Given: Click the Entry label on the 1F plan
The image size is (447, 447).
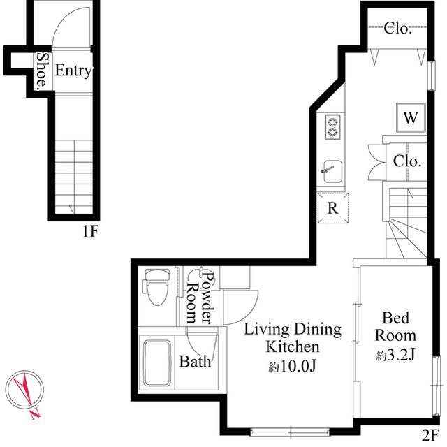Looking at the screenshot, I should tap(73, 71).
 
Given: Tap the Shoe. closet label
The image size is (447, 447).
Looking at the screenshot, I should tap(42, 71).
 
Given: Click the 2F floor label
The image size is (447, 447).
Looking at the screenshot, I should tap(431, 434).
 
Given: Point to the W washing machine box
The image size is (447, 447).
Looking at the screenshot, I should tap(410, 117).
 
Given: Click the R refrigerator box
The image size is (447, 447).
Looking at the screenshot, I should tap(333, 207).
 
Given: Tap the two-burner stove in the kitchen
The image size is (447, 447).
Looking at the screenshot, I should tap(332, 126).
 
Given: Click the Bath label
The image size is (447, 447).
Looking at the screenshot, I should tap(196, 362).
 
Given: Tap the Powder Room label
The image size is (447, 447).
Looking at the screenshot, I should tap(200, 297).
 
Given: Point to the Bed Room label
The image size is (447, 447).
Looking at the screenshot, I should tap(395, 326).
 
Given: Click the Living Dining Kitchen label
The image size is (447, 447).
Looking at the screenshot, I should tap(292, 338).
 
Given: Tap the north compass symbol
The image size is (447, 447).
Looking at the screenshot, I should tap(25, 393).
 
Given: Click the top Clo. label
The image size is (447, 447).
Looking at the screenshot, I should tap(398, 29).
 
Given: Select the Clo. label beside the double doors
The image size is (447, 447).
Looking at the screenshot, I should tap(406, 161).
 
